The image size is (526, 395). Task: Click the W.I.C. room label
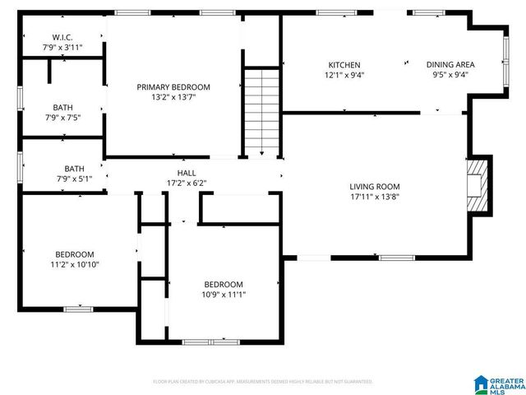(x=62, y=37)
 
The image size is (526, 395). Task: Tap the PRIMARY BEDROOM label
(x=173, y=86)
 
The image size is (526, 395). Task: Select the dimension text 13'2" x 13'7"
(x=173, y=96)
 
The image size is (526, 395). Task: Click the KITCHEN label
(x=344, y=65)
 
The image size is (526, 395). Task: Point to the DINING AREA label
(x=450, y=65)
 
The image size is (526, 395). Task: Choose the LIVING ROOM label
(x=374, y=186)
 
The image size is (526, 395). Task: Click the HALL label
(x=186, y=173)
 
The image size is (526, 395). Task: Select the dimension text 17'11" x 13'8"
(x=374, y=197)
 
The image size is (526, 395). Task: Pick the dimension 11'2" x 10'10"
(x=74, y=264)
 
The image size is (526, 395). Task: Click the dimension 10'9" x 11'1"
(x=224, y=295)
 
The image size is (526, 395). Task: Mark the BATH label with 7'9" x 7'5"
(x=62, y=107)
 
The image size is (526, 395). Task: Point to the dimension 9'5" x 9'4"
(x=450, y=75)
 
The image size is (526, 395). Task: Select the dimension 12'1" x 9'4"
(x=344, y=75)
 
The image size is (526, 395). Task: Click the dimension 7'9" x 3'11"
(x=62, y=48)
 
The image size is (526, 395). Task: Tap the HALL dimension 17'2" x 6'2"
(x=186, y=183)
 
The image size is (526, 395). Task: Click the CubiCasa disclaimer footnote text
(x=263, y=381)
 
